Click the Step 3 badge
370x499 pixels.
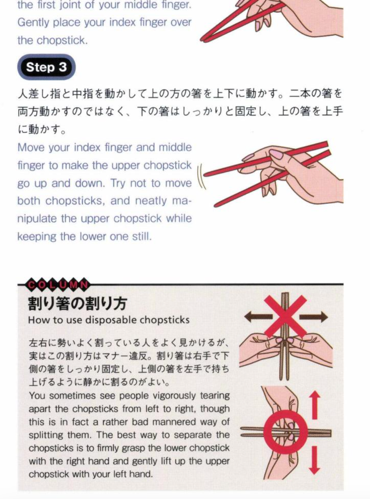(46, 67)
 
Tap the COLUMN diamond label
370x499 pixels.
(58, 285)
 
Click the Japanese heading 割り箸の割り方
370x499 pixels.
(77, 303)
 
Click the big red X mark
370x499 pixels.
(285, 317)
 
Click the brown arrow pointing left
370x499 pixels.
(258, 317)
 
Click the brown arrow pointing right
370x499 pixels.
(314, 317)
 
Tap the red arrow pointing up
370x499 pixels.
(314, 405)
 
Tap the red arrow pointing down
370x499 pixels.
(314, 460)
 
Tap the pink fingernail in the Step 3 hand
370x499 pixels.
(276, 154)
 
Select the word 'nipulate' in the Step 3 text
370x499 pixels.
(37, 219)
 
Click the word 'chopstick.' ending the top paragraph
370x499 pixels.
(62, 41)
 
